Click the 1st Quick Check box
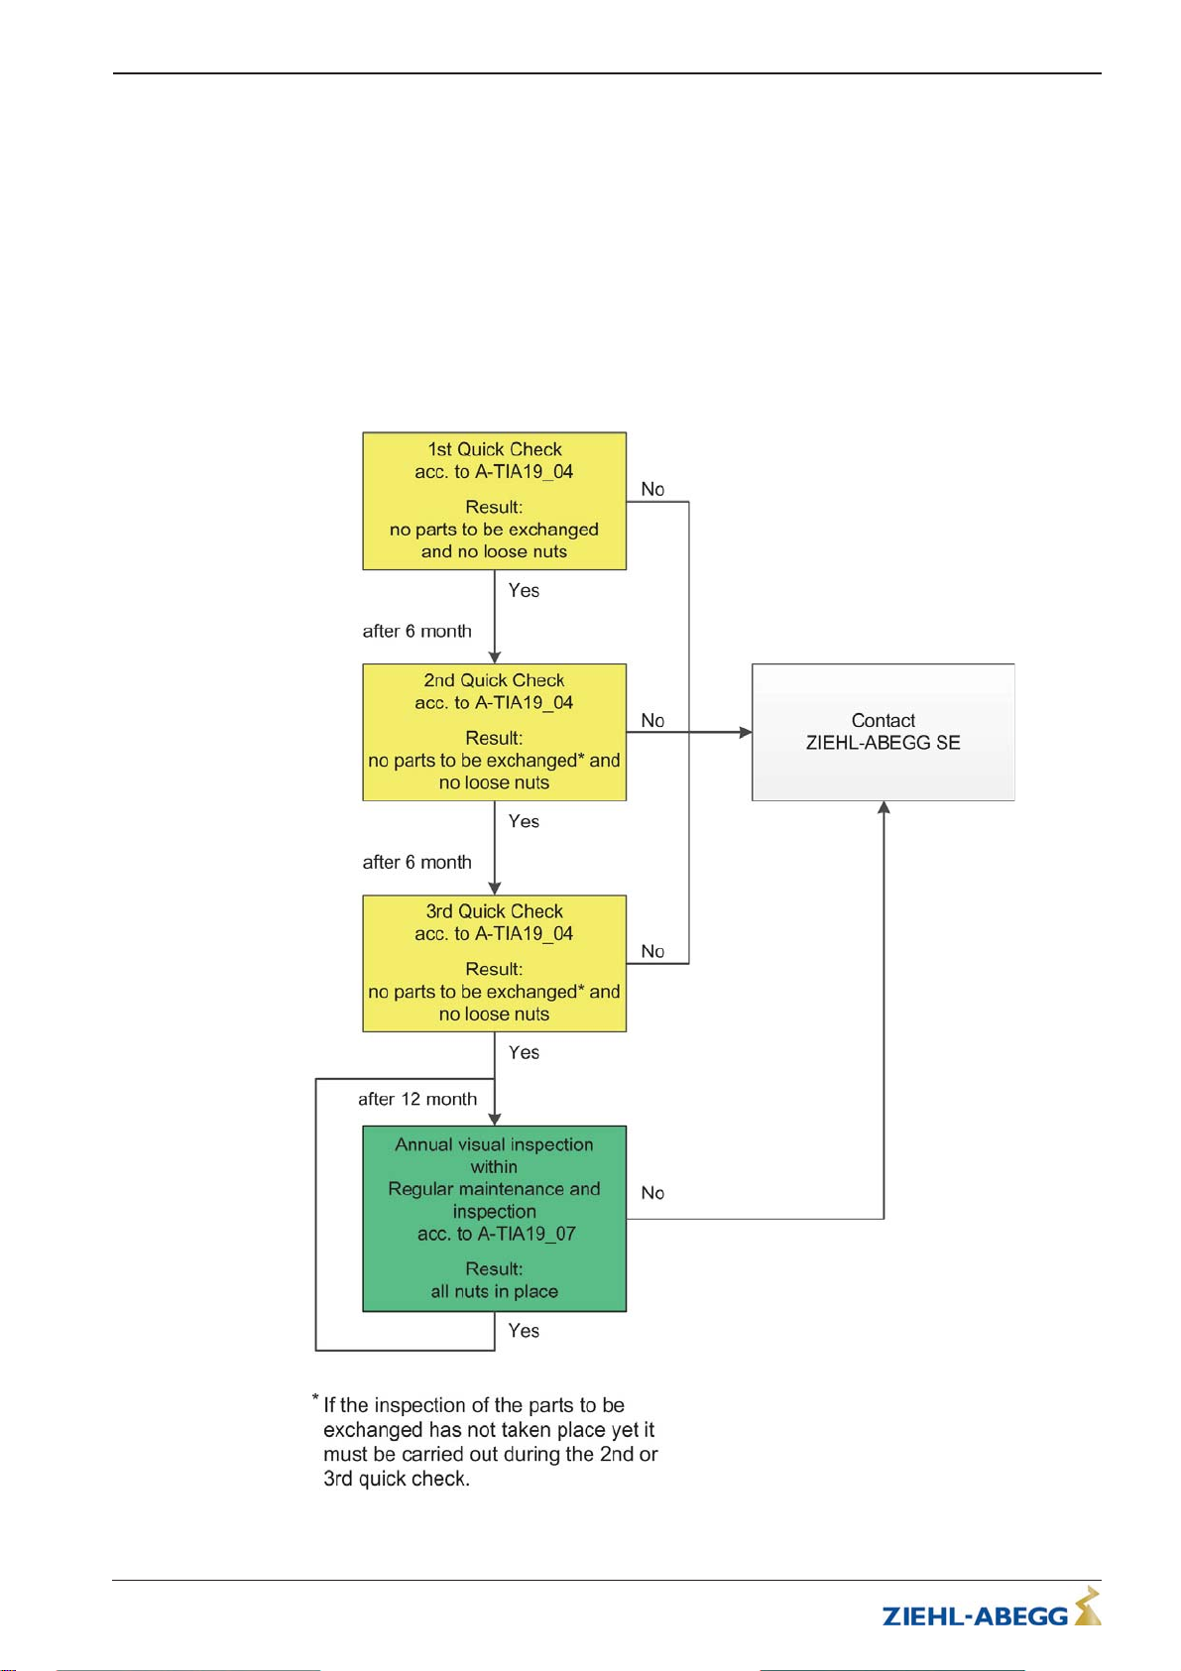(494, 501)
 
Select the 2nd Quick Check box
(494, 732)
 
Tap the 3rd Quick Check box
(494, 963)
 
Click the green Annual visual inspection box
(494, 1218)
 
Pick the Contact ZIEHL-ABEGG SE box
(884, 732)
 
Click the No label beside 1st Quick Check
(652, 489)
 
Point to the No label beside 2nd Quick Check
(652, 721)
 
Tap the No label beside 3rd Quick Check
(652, 951)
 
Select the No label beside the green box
(652, 1193)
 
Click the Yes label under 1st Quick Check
(524, 590)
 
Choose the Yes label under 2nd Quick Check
(524, 821)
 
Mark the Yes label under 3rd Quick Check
(524, 1052)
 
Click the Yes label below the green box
(524, 1331)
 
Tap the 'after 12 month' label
(417, 1099)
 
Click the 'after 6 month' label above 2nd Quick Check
(417, 631)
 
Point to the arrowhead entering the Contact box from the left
(746, 732)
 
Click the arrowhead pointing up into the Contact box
(884, 807)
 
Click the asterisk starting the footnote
(315, 1397)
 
